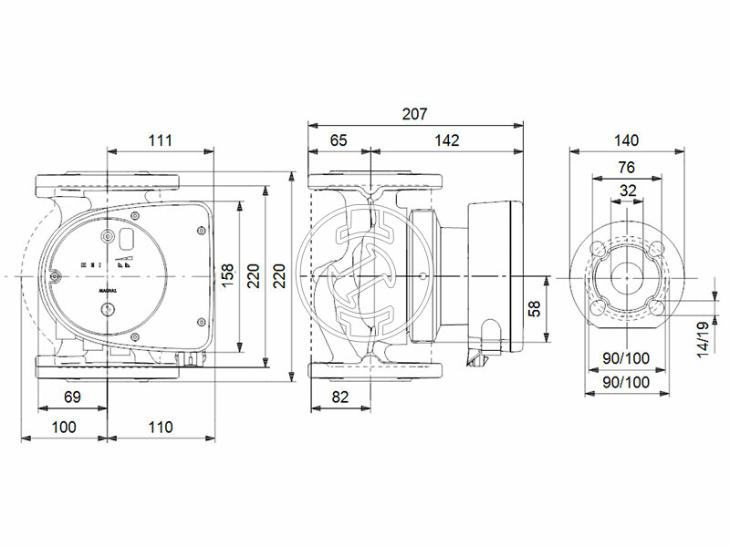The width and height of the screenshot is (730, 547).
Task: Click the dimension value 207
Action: coord(414,114)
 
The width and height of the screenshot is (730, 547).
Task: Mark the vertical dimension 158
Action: coord(228,273)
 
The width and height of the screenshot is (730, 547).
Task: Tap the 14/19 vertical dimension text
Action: coord(703,338)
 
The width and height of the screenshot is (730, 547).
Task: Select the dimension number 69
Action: coord(73,397)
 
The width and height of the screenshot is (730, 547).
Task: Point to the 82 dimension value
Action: coord(339,397)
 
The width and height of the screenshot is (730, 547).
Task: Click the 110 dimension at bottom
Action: coord(160,426)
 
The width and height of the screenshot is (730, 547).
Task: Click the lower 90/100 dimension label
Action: coord(626,383)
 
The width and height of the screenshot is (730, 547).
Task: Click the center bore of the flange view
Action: coord(626,274)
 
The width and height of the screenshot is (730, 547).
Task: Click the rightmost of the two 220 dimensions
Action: coord(280,273)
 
